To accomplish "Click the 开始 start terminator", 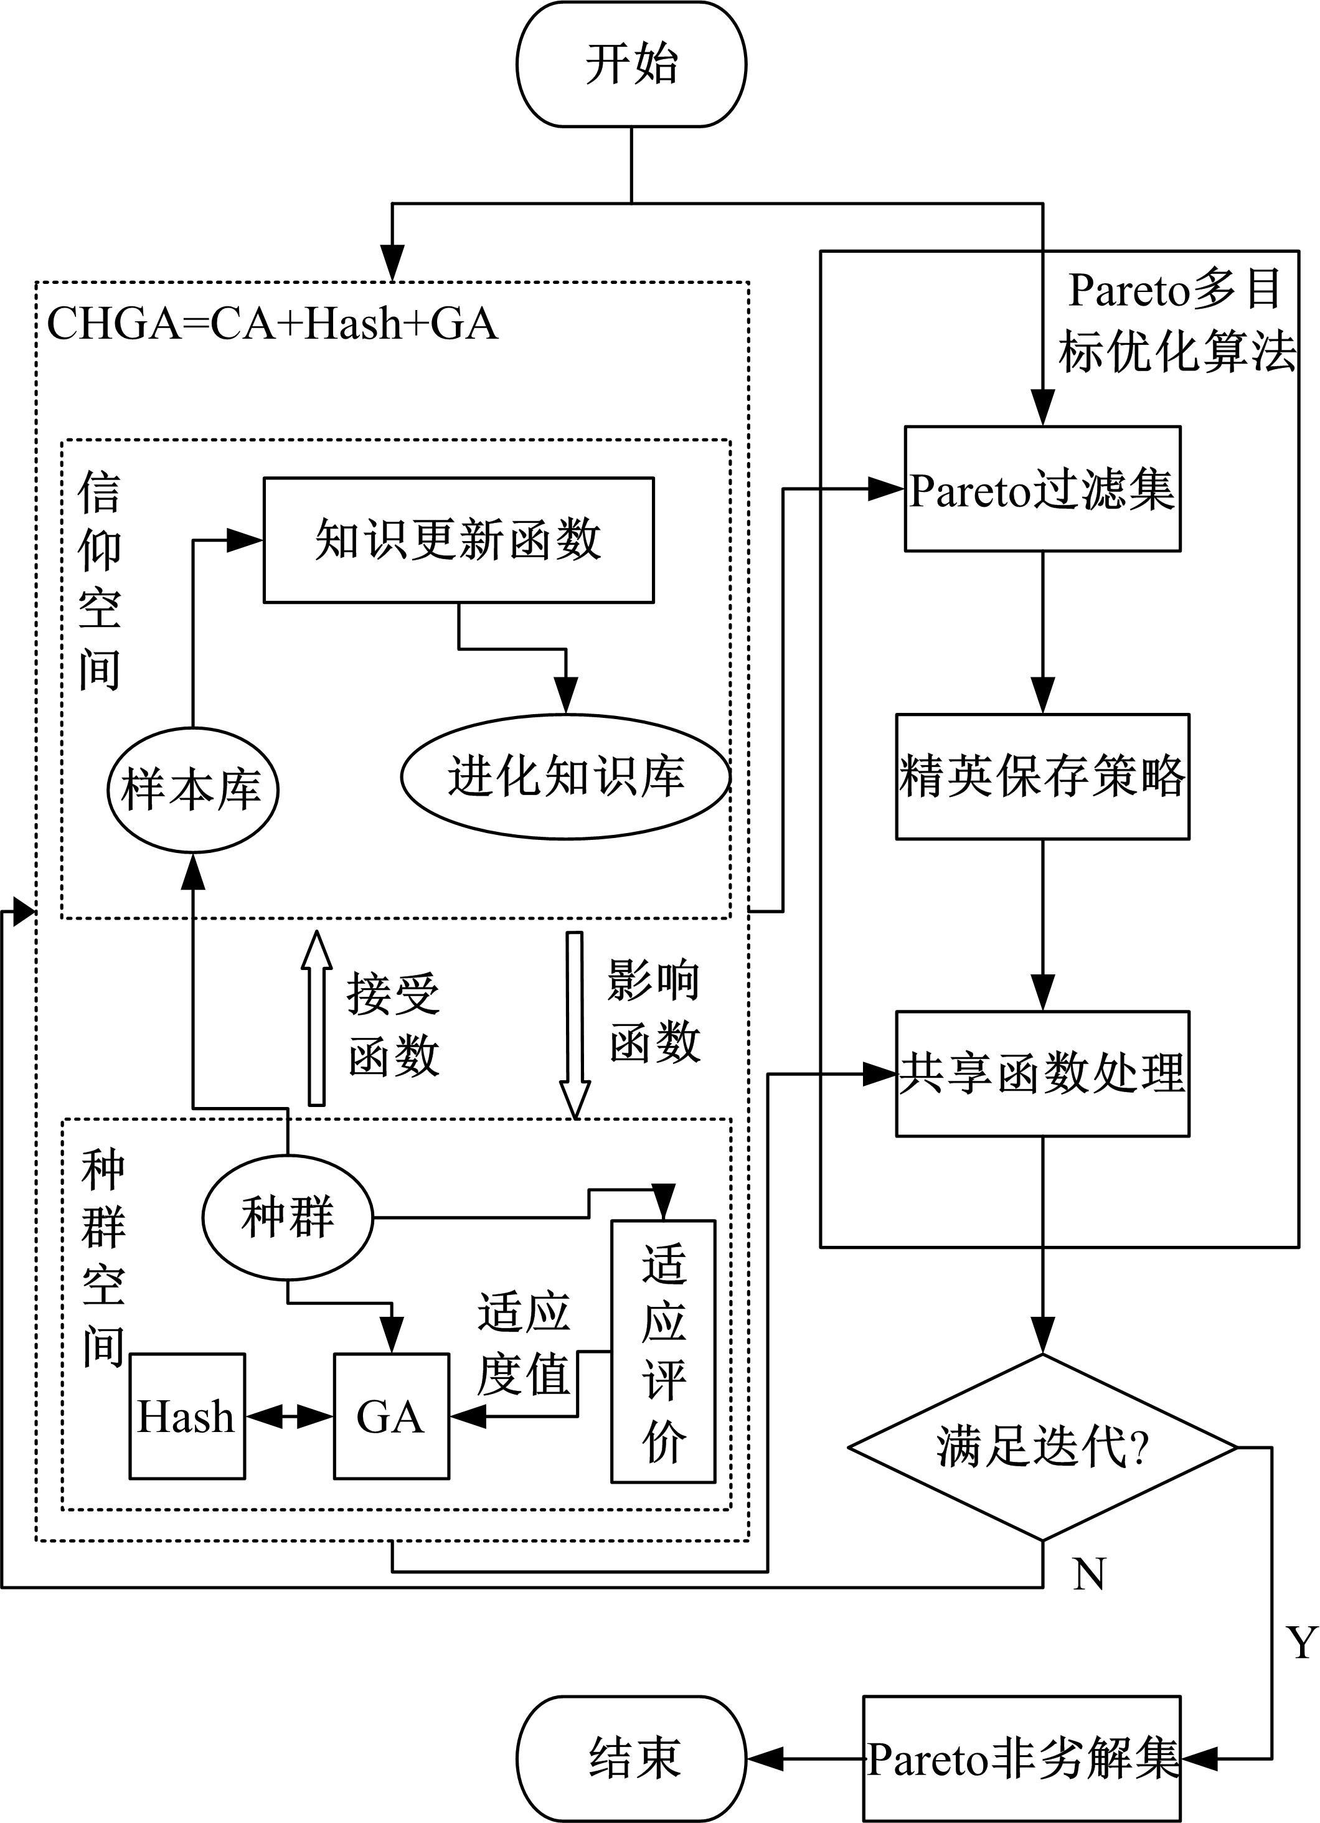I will (x=631, y=64).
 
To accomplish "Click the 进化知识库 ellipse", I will (x=565, y=776).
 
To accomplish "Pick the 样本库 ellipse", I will (x=192, y=789).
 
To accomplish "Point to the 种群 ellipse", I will (x=287, y=1218).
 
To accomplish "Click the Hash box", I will (x=187, y=1416).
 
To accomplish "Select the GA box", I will (x=390, y=1416).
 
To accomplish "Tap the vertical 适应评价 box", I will (x=663, y=1351).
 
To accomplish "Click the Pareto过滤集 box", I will (x=1042, y=489).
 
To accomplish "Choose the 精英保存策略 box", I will (x=1042, y=776).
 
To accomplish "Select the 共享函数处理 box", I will (x=1042, y=1073).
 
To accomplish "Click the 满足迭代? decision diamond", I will (x=1042, y=1448).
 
